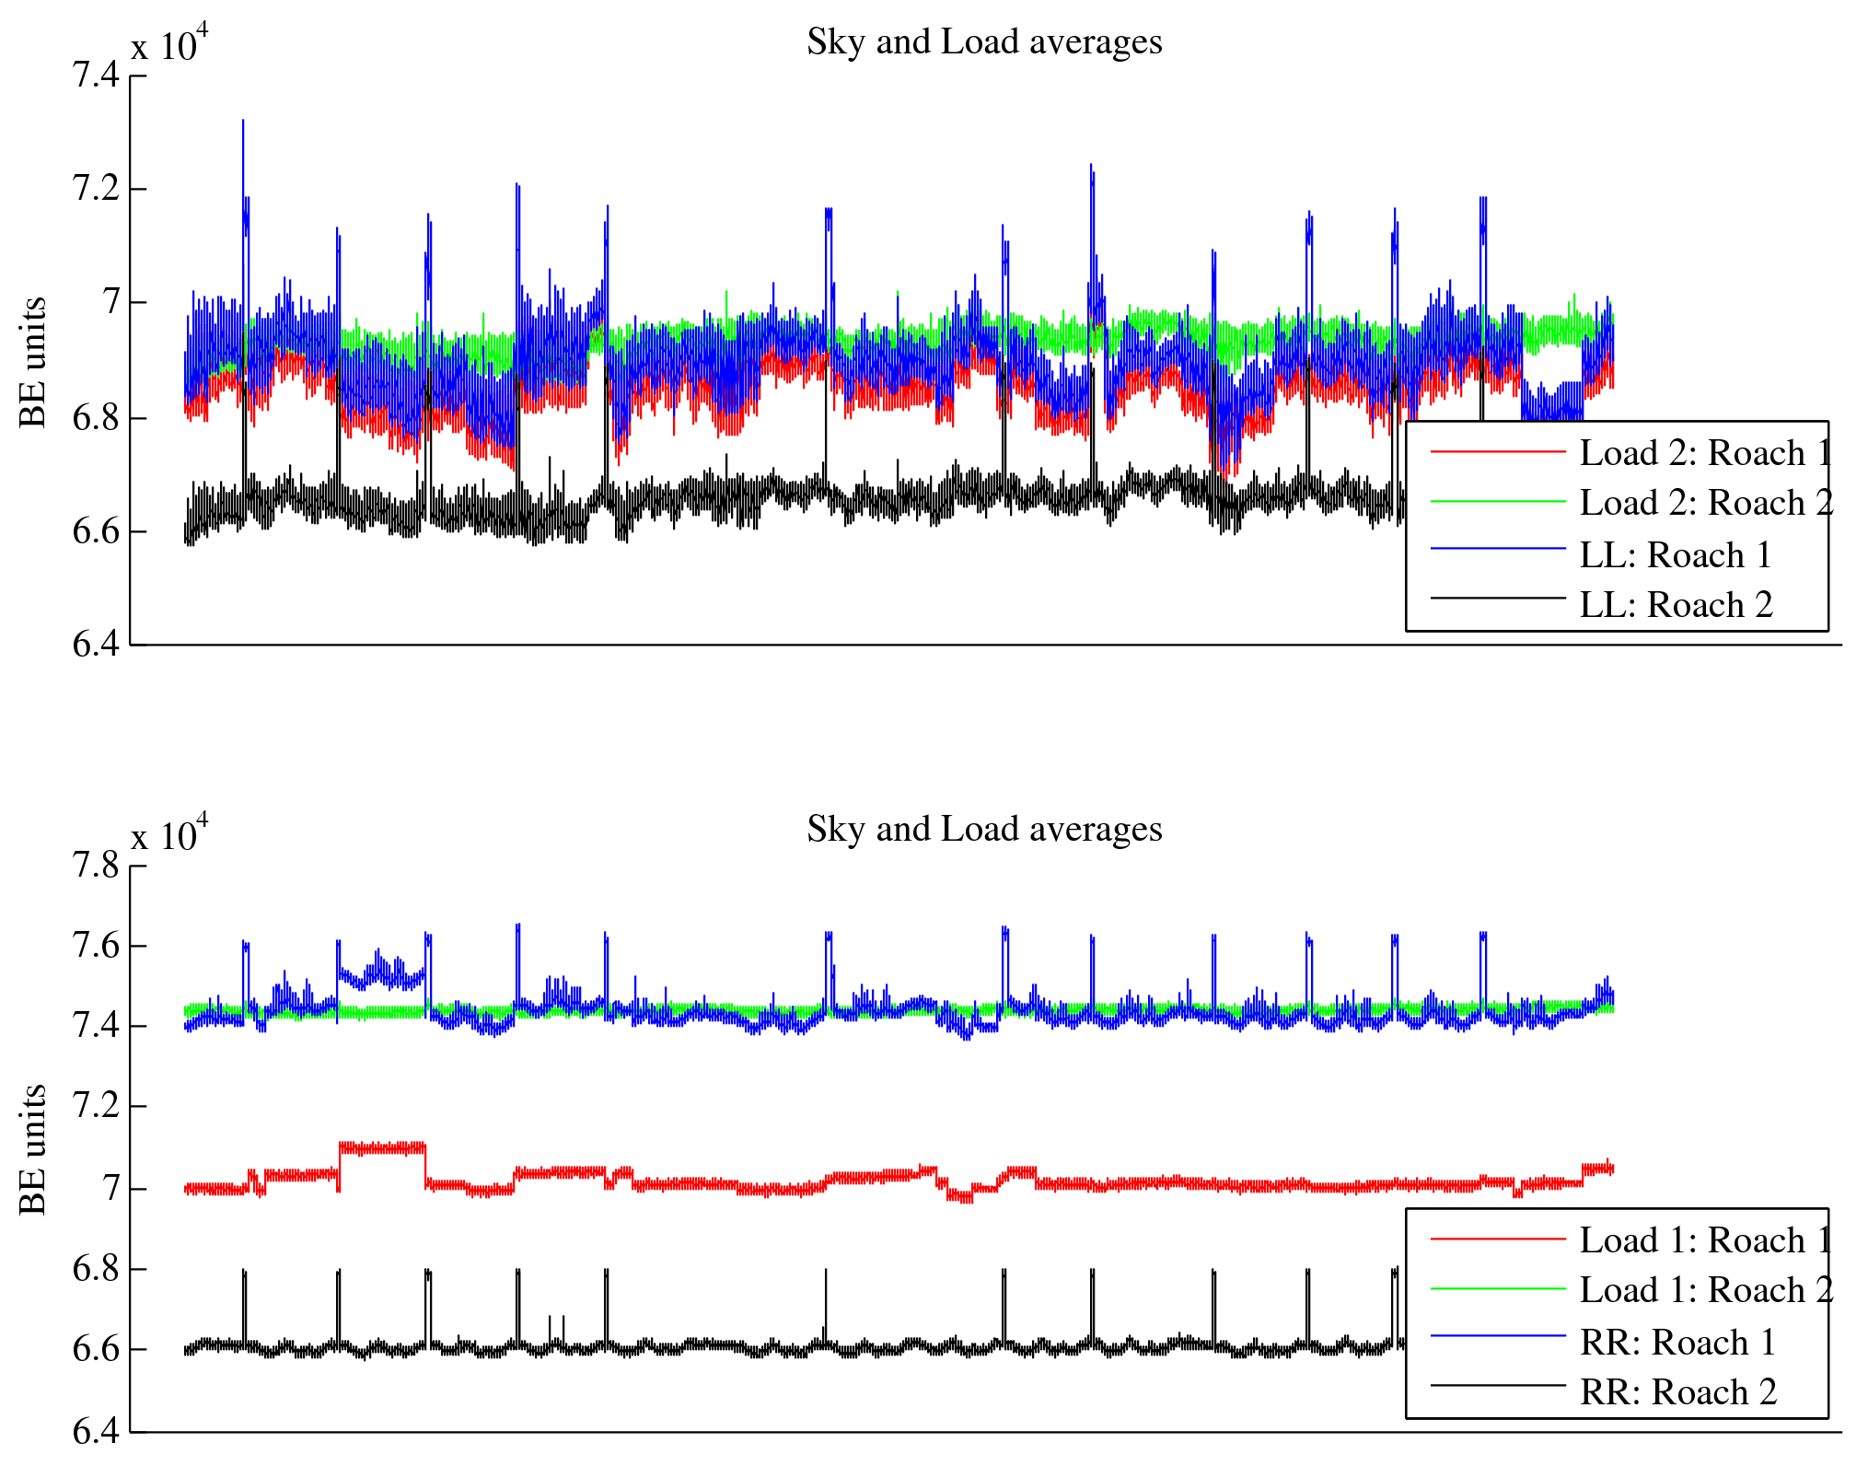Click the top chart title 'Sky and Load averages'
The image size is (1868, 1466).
click(x=984, y=42)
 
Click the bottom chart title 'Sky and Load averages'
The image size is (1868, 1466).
click(x=984, y=830)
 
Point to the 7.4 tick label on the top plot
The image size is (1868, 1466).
click(x=96, y=75)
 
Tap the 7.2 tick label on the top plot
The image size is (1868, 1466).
click(x=96, y=189)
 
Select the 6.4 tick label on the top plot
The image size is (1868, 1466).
click(x=96, y=645)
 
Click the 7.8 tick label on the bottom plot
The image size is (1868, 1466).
click(x=96, y=866)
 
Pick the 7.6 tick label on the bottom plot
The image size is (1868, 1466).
click(x=96, y=946)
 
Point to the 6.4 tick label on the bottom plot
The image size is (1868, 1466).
click(x=96, y=1431)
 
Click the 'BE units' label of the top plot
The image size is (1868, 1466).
click(x=33, y=362)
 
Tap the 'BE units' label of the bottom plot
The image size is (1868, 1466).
click(x=33, y=1149)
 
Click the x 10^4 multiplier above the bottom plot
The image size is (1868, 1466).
click(x=169, y=834)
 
